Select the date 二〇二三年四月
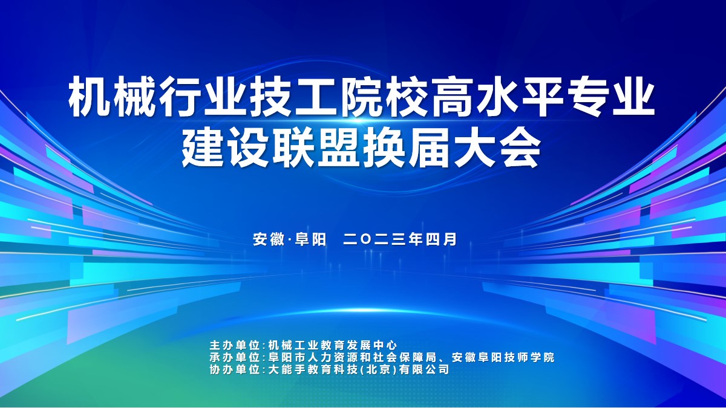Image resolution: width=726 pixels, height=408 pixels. coord(400,239)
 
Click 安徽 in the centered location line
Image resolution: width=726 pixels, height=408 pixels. coord(269,239)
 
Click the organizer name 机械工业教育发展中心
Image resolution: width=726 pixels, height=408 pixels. coord(333,346)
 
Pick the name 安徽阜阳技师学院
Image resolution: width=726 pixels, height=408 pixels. coord(503,357)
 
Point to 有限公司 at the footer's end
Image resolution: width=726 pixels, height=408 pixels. coord(424,369)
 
